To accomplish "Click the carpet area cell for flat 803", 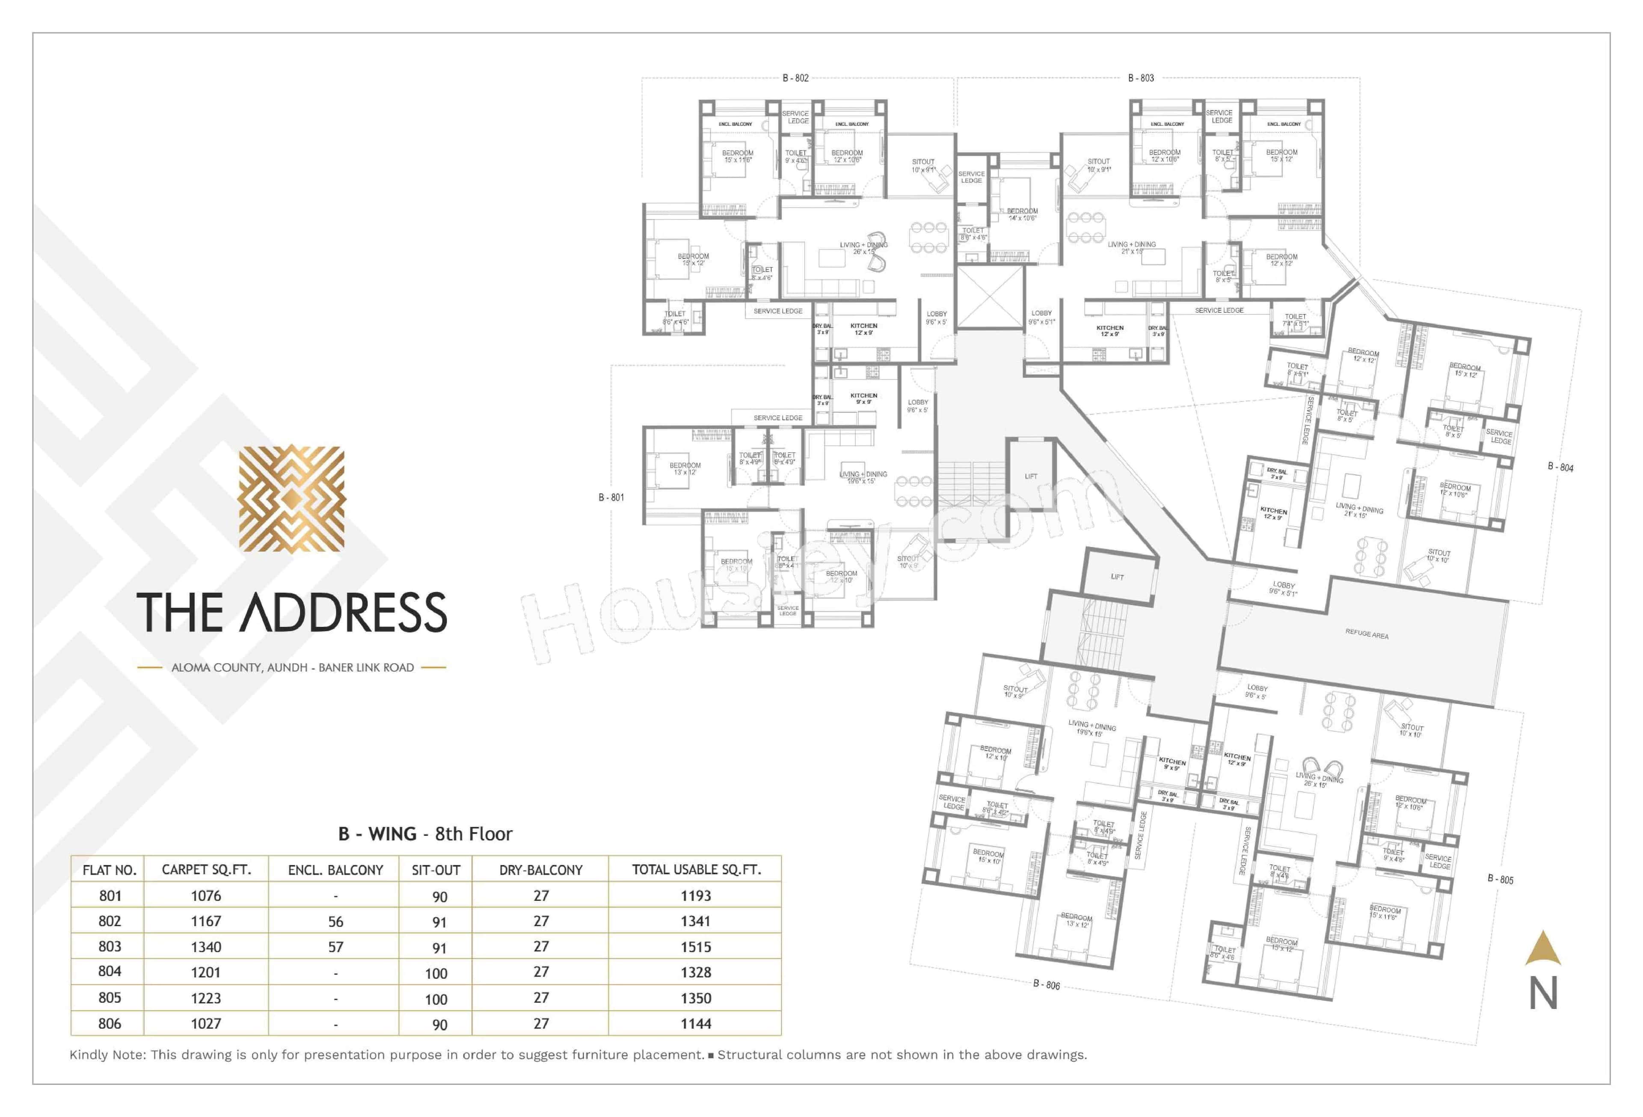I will [x=206, y=947].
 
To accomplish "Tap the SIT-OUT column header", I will [x=436, y=870].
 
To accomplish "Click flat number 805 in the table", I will [x=110, y=998].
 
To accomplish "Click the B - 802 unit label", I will [x=795, y=78].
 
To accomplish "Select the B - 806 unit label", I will [x=1046, y=984].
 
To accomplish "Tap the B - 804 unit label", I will [x=1560, y=467].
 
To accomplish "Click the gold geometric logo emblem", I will [x=291, y=498].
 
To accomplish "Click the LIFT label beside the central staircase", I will [x=1031, y=476].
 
